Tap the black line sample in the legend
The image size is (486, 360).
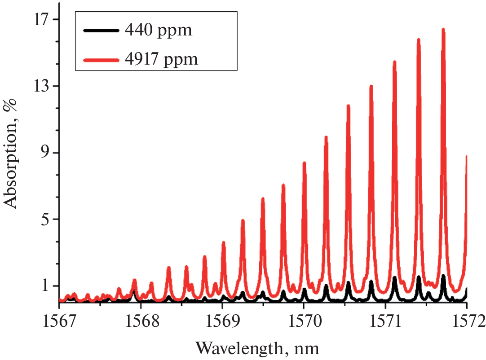click(101, 31)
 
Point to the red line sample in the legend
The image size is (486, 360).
click(101, 58)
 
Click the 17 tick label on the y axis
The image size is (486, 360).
click(41, 19)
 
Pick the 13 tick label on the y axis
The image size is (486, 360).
click(41, 86)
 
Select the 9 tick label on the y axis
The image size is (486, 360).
click(45, 153)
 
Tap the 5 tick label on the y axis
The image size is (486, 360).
click(45, 219)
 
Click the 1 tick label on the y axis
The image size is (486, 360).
click(45, 286)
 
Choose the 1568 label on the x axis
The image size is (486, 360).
click(141, 321)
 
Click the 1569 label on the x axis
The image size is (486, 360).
click(222, 321)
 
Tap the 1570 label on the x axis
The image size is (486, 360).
click(304, 321)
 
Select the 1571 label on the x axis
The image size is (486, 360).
click(385, 321)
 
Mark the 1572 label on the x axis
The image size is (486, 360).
click(467, 321)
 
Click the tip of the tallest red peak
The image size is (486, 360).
click(443, 30)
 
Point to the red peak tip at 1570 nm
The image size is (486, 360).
click(304, 163)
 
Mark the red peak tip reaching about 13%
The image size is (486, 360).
click(371, 86)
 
